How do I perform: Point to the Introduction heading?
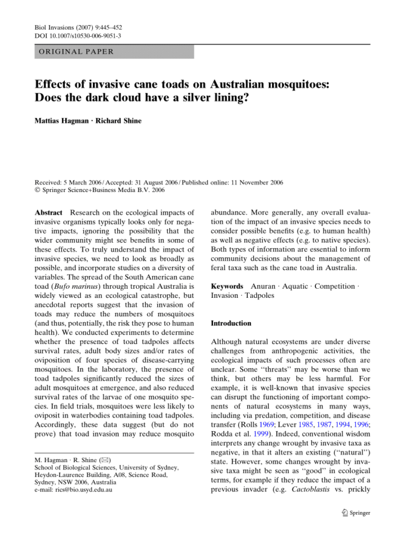231,324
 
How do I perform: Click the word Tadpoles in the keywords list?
259,296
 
